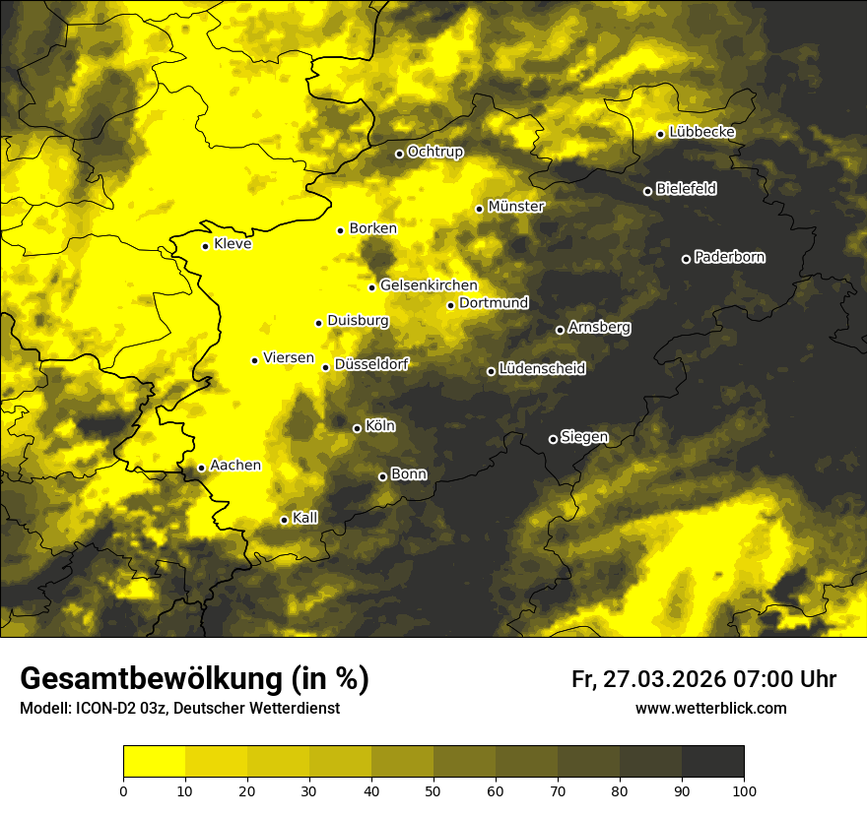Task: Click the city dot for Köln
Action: click(x=357, y=428)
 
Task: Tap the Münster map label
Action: click(x=516, y=207)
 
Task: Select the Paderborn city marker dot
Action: click(x=686, y=259)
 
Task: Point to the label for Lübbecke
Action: click(x=702, y=133)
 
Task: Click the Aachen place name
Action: click(x=235, y=466)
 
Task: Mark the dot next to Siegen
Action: click(x=553, y=439)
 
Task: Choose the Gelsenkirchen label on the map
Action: click(x=429, y=285)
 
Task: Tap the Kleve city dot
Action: click(x=205, y=246)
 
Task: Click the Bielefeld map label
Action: click(x=687, y=189)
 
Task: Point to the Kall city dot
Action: click(x=284, y=520)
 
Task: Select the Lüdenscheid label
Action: click(x=543, y=369)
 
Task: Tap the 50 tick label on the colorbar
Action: click(x=433, y=789)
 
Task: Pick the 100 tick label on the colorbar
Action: click(x=744, y=789)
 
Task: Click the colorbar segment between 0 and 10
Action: click(x=155, y=761)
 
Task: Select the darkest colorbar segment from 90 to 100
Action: click(x=712, y=761)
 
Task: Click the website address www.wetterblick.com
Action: click(x=711, y=708)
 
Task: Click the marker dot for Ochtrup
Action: click(x=399, y=154)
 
